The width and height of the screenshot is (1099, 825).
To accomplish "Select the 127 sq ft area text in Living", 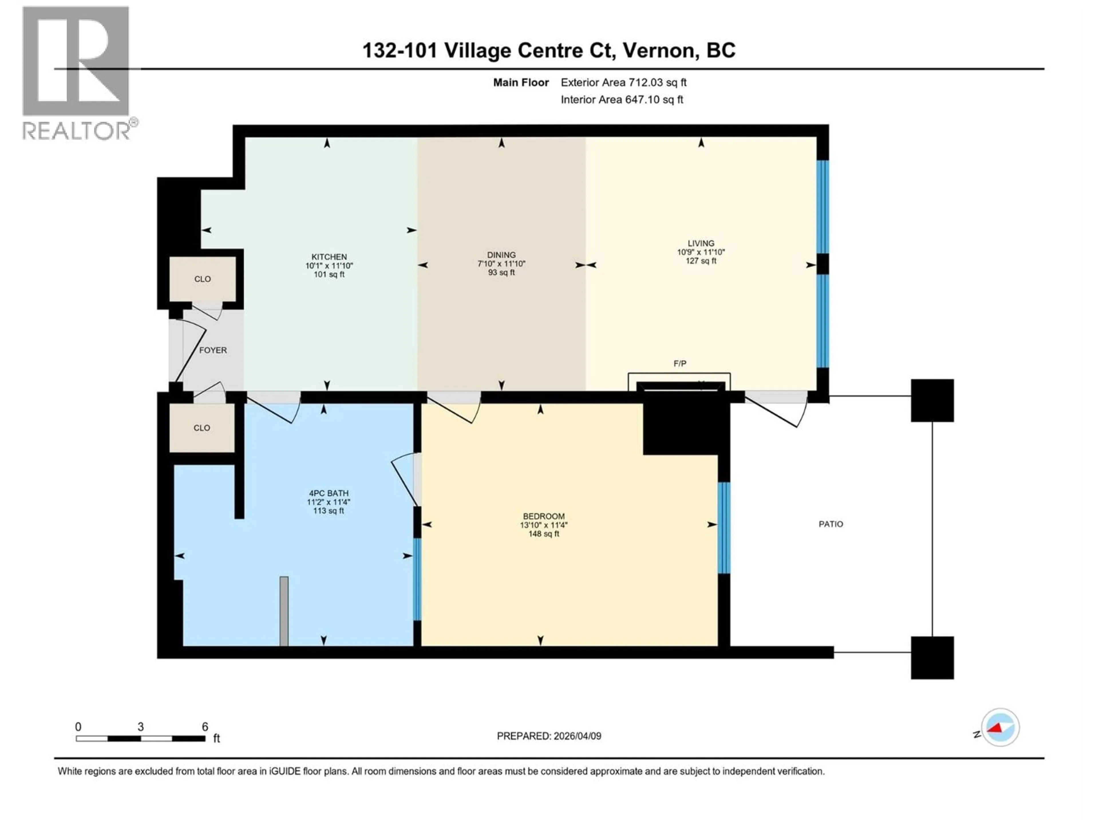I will tap(701, 261).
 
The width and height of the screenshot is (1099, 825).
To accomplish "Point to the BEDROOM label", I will tap(543, 516).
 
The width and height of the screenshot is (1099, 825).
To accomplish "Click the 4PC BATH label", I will tap(328, 493).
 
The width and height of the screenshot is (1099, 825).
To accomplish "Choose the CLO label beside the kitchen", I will tap(202, 279).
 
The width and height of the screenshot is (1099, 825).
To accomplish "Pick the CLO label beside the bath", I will tap(202, 428).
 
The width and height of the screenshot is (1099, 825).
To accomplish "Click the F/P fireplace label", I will tap(680, 364).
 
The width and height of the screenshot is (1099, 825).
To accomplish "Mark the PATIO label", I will tap(831, 524).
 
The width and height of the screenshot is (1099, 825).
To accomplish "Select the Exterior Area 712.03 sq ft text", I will tap(624, 82).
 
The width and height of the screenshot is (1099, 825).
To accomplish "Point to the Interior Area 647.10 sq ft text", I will tap(622, 99).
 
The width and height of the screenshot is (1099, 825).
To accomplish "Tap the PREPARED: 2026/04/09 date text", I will tap(549, 736).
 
